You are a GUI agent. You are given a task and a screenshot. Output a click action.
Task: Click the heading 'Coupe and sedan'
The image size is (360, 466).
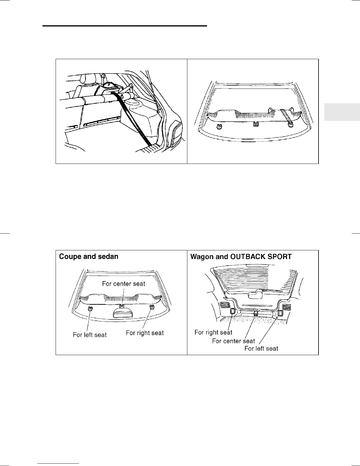pos(89,257)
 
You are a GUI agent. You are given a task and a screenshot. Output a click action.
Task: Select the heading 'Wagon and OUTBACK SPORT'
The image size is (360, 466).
pos(241,257)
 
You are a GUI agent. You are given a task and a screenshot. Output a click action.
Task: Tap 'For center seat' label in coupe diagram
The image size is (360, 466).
pos(124,284)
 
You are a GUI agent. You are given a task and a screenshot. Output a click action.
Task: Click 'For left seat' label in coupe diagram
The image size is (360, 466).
pos(90,335)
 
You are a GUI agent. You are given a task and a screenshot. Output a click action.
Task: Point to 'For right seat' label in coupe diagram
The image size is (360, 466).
pos(145,333)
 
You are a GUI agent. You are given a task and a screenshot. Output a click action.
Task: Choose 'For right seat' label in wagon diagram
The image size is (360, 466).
pos(213,332)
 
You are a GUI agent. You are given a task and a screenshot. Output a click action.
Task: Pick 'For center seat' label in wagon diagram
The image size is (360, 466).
pos(234,341)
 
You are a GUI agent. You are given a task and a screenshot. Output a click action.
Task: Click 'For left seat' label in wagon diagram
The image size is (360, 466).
pos(261,349)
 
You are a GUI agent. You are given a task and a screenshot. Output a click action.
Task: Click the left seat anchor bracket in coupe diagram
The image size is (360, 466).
pos(90,308)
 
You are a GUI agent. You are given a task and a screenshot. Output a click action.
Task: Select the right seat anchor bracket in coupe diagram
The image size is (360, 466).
pos(152,307)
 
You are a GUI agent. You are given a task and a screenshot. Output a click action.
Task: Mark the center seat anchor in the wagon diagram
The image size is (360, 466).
pos(256,313)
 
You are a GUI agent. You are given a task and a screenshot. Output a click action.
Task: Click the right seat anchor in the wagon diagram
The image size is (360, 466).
pos(232,311)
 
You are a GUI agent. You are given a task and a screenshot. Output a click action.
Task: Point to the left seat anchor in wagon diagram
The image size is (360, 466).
pos(280,312)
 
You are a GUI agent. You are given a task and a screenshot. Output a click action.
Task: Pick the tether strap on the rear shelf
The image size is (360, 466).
pos(286,116)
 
